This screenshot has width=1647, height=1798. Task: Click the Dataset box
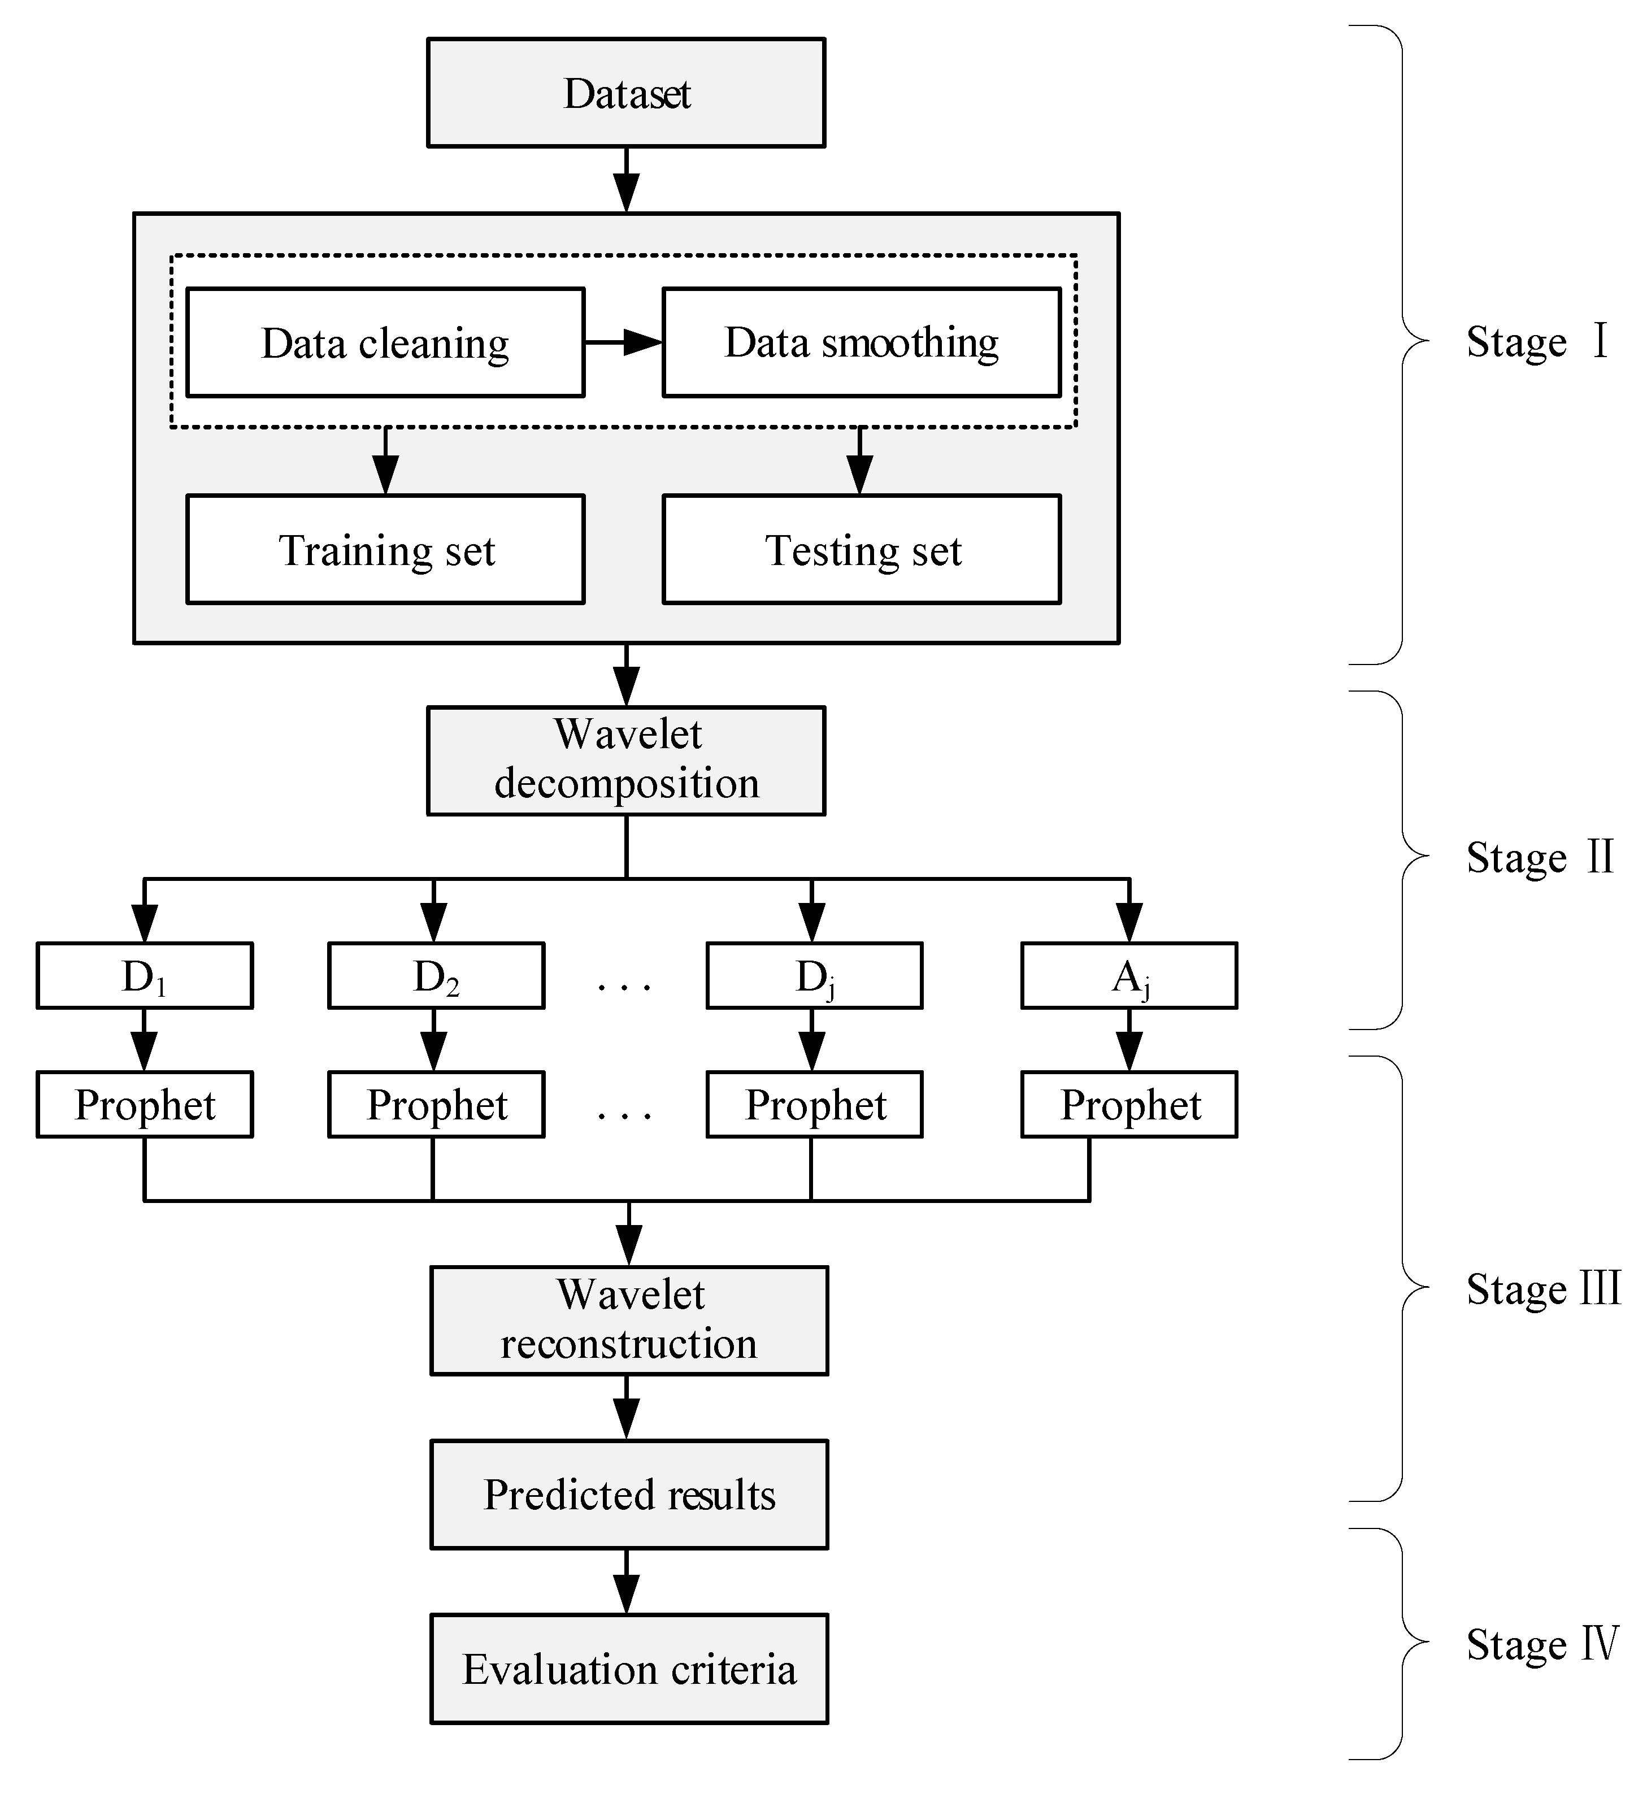(x=626, y=93)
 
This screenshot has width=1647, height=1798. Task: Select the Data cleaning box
(x=385, y=342)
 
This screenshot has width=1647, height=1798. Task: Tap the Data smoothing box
(x=862, y=342)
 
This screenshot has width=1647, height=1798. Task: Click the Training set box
(x=385, y=549)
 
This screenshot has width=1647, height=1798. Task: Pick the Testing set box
(x=862, y=549)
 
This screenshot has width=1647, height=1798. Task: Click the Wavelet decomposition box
(x=626, y=760)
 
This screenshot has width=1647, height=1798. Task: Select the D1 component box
(x=145, y=976)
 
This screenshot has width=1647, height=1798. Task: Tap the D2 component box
(x=436, y=976)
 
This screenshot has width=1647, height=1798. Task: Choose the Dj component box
(x=814, y=976)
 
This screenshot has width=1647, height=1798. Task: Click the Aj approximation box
(x=1129, y=976)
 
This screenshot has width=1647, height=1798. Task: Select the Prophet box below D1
(x=145, y=1104)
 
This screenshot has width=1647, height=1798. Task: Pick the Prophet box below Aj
(x=1129, y=1104)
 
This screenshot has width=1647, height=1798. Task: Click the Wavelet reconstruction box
(x=629, y=1320)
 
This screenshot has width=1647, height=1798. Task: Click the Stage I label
(x=1536, y=342)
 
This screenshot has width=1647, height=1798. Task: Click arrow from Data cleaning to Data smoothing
(x=623, y=342)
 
